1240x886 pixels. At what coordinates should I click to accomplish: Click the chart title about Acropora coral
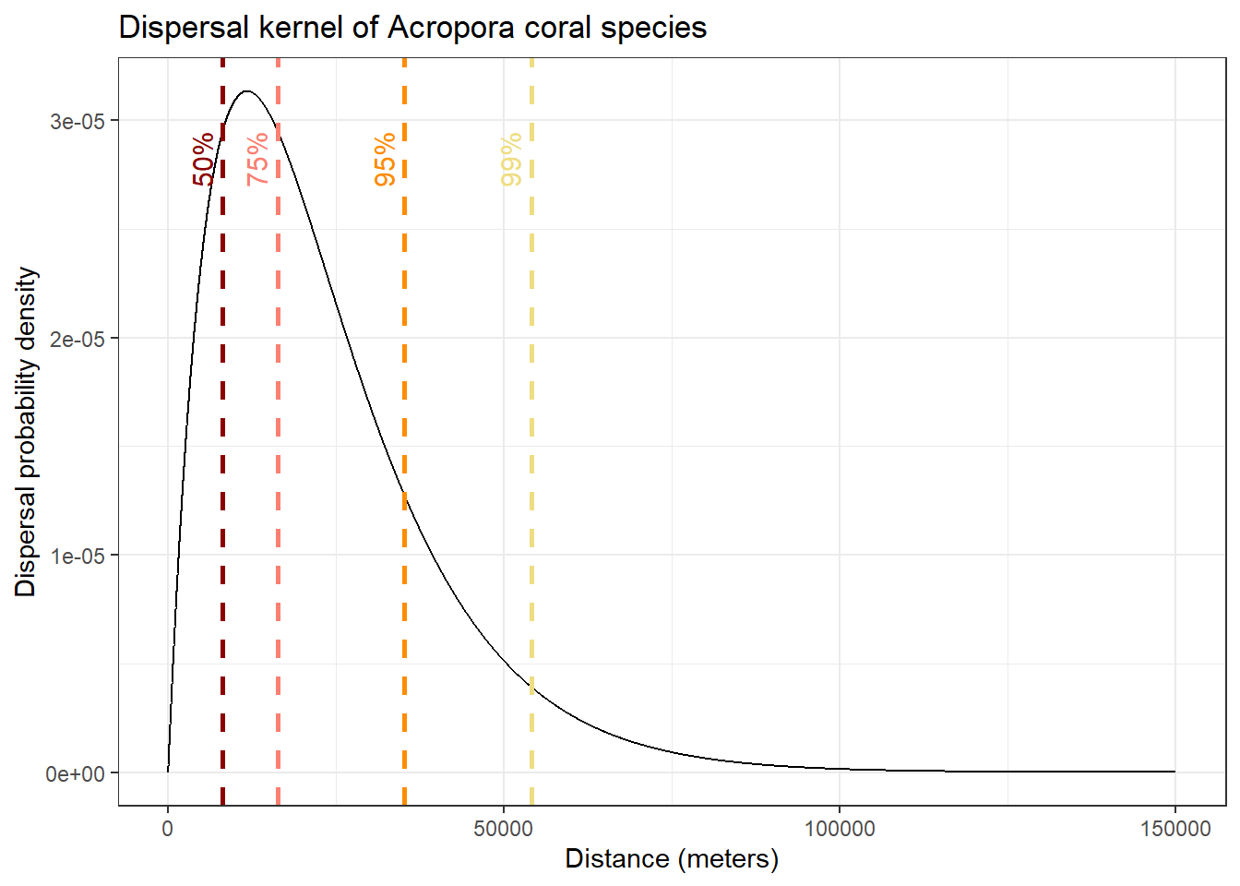[x=412, y=28]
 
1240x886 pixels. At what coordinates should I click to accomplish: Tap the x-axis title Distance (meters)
[x=672, y=859]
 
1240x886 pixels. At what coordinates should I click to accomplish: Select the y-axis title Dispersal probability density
[x=27, y=432]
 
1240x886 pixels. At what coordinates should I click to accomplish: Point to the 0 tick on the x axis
[x=167, y=829]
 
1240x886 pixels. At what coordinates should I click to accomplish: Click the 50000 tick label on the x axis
[x=503, y=829]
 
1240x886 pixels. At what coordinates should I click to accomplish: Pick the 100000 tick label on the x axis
[x=840, y=829]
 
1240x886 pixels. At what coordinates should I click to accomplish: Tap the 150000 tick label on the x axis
[x=1174, y=829]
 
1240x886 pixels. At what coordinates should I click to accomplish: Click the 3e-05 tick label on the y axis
[x=77, y=122]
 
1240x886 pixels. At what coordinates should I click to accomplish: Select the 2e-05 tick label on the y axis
[x=77, y=339]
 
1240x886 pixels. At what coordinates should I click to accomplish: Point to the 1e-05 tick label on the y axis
[x=77, y=556]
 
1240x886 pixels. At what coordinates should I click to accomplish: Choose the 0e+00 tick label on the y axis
[x=76, y=773]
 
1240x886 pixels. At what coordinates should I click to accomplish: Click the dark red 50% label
[x=204, y=159]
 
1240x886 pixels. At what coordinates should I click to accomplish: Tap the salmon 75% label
[x=258, y=159]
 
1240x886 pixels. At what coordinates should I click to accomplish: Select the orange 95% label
[x=385, y=159]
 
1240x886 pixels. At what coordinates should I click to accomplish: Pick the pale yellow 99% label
[x=511, y=159]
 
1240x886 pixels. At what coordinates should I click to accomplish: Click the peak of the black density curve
[x=246, y=91]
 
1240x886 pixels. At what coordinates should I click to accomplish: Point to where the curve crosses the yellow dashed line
[x=531, y=686]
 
